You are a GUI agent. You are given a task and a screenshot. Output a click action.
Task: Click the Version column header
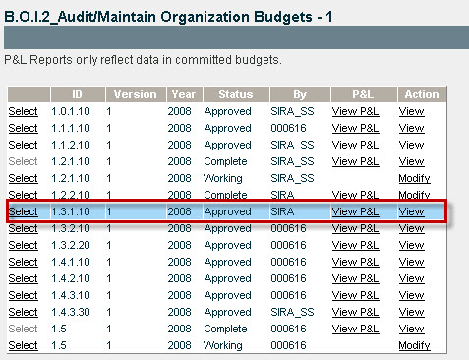[x=136, y=94]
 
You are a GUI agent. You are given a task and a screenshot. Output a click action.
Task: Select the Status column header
[x=236, y=94]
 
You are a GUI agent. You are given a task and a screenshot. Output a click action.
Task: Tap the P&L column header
[x=364, y=94]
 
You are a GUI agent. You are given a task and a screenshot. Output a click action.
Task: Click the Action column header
[x=422, y=94]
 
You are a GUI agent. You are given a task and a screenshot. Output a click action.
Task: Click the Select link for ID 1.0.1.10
[x=24, y=111]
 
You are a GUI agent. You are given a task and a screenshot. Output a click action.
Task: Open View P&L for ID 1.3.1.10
[x=355, y=211]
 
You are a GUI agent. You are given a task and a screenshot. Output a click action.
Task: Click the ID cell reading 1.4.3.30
[x=71, y=312]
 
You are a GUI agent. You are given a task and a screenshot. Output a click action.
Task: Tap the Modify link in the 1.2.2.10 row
[x=414, y=195]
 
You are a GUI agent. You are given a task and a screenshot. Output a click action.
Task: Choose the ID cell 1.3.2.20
[x=71, y=245]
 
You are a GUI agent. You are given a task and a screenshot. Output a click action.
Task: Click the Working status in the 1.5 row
[x=223, y=345]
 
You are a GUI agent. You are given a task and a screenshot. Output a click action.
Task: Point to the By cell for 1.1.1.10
[x=288, y=128]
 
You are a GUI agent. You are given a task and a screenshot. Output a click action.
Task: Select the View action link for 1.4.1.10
[x=412, y=262]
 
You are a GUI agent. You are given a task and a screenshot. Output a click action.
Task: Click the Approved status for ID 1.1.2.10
[x=228, y=145]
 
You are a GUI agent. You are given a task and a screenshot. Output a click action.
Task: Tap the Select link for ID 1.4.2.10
[x=24, y=278]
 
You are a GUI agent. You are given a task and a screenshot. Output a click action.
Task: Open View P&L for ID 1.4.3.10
[x=355, y=295]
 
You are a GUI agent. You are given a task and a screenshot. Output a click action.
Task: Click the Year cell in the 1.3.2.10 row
[x=179, y=228]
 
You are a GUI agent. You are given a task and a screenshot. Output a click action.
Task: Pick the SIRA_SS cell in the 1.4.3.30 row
[x=292, y=312]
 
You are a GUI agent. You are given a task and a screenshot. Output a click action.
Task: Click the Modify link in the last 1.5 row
[x=414, y=345]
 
